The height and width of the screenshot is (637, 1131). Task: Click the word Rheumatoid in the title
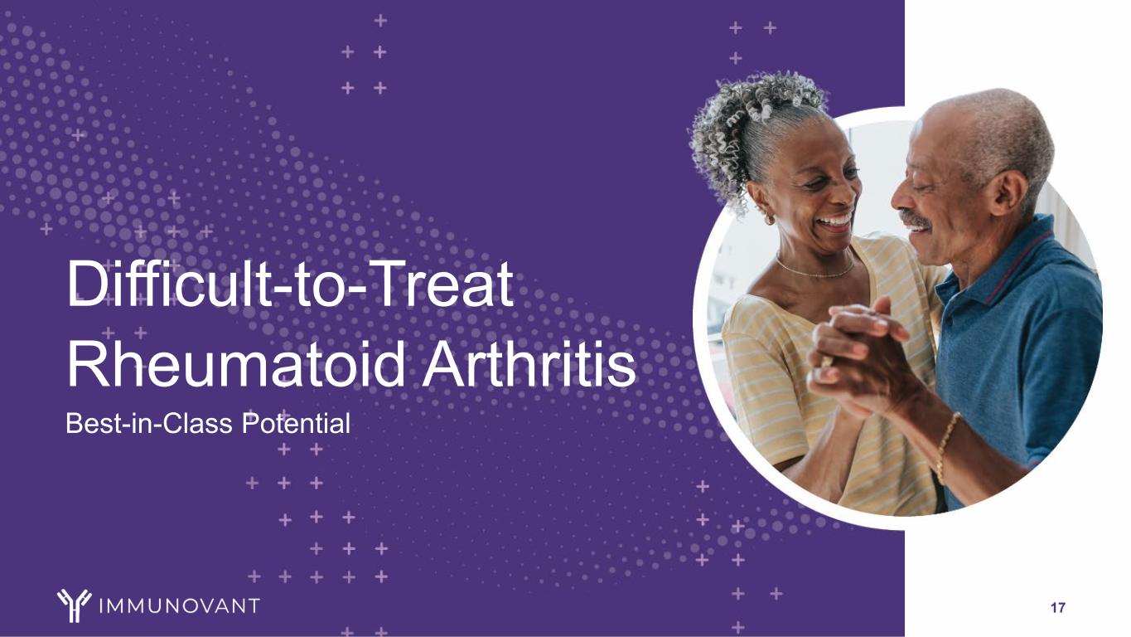236,363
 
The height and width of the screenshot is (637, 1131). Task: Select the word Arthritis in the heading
529,363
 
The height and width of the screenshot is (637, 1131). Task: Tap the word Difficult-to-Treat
290,284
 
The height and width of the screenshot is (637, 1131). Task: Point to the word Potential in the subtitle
296,424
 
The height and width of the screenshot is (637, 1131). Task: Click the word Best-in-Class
149,424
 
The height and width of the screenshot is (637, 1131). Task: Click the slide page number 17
1058,608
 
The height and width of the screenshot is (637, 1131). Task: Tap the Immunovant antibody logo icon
75,605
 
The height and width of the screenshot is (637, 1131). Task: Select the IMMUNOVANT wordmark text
180,605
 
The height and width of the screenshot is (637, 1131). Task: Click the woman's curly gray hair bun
747,126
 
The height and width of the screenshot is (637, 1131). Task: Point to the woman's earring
768,218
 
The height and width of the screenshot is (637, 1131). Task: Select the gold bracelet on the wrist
945,445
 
